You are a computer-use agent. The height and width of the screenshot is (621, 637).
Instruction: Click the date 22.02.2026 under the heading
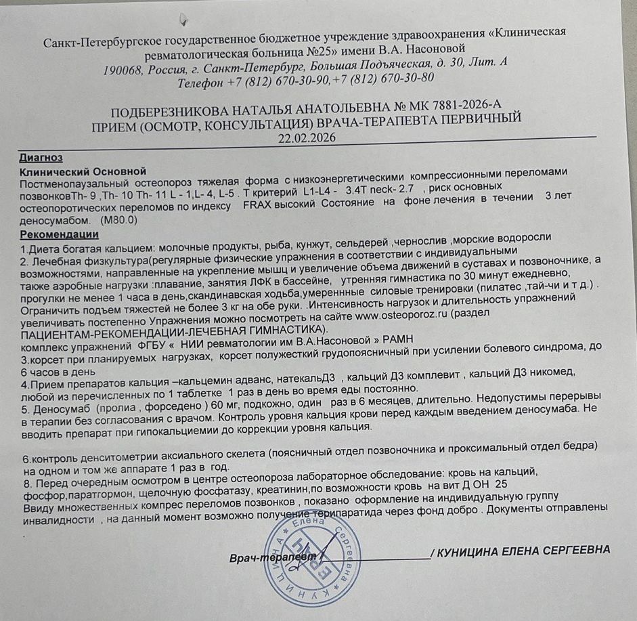coord(307,138)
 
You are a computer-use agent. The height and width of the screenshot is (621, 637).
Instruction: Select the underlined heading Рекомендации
coord(60,234)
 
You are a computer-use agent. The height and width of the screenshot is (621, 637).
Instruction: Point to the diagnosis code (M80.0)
coord(118,221)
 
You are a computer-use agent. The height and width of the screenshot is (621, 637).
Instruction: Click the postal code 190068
coord(124,70)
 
